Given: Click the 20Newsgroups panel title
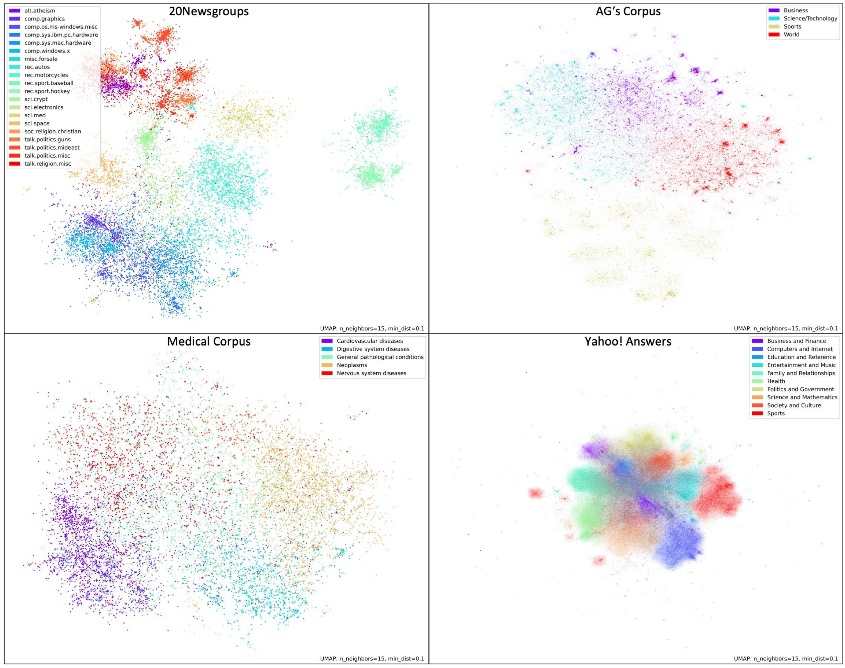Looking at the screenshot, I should [x=209, y=11].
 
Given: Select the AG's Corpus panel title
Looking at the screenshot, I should [x=628, y=11].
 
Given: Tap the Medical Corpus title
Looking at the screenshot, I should [x=209, y=341].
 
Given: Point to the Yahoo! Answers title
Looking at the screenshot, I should [x=628, y=341].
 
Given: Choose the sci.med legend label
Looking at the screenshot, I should [x=35, y=115].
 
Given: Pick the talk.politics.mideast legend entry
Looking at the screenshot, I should [x=52, y=147].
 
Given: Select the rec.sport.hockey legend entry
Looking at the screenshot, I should [x=47, y=91].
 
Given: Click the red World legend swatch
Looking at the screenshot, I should [x=774, y=34].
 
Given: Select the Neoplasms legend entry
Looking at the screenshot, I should [x=352, y=365].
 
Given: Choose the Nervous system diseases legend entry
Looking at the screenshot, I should [x=371, y=373].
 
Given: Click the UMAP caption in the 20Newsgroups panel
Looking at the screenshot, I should [x=372, y=329].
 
